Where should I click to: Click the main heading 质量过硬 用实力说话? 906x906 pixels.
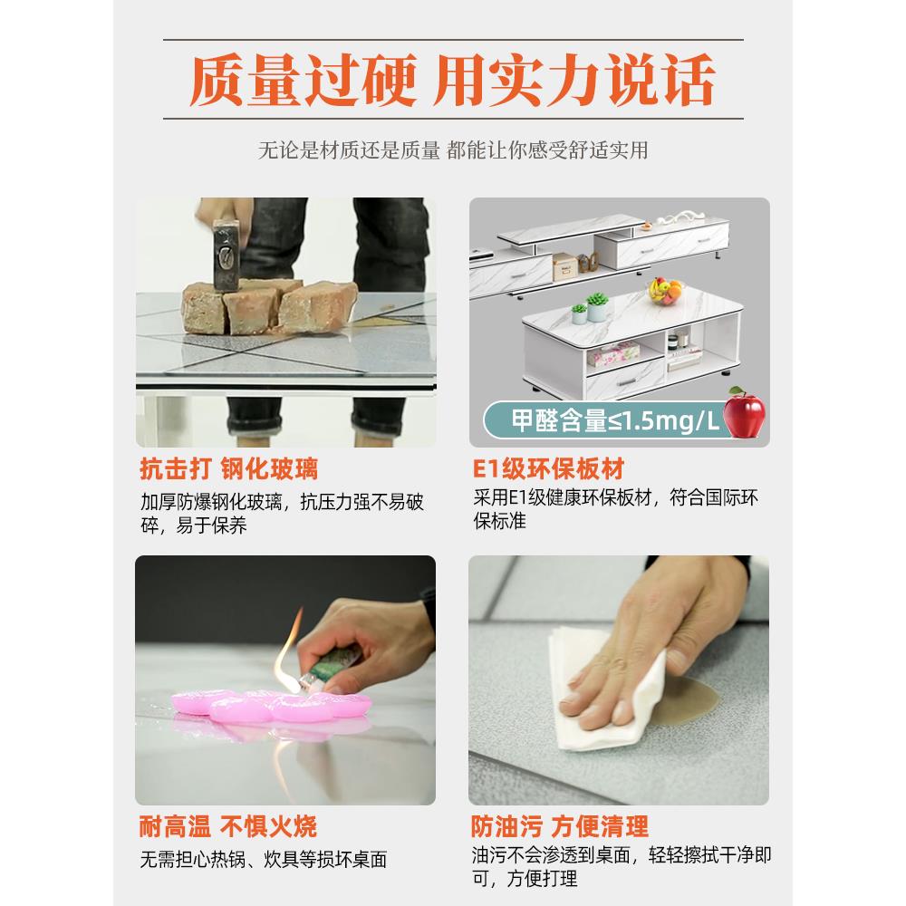tap(452, 81)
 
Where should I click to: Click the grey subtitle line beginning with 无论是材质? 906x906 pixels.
tap(452, 150)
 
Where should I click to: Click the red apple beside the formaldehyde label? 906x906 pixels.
tap(745, 416)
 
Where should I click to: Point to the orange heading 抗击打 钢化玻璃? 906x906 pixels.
tap(228, 469)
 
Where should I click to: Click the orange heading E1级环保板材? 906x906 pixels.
tap(548, 469)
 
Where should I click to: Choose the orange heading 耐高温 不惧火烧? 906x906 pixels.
tap(228, 826)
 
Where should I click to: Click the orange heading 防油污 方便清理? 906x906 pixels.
tap(560, 826)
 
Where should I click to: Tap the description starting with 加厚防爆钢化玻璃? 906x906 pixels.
tap(282, 514)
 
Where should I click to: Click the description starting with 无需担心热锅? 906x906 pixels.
tap(263, 859)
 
